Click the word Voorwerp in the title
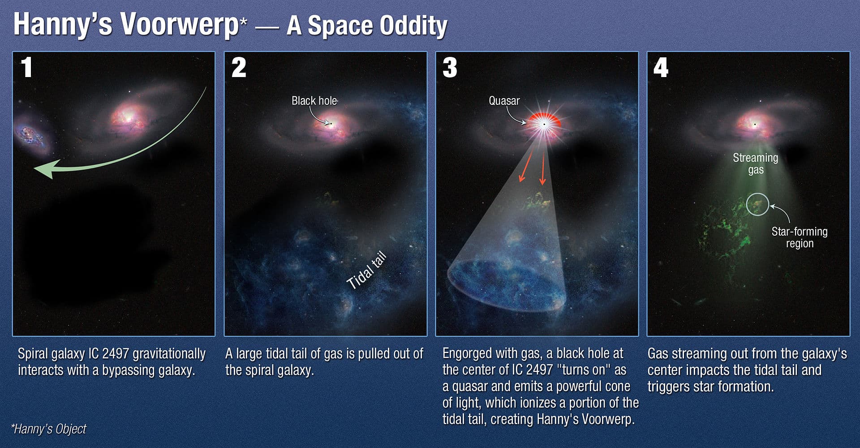tap(181, 25)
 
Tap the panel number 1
tap(26, 68)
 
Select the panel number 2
tap(239, 68)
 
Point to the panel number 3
tap(450, 68)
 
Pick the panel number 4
tap(661, 68)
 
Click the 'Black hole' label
tap(314, 101)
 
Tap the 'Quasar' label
tap(504, 101)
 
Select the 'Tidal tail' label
tap(367, 271)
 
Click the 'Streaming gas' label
tap(756, 164)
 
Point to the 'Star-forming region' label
tap(800, 237)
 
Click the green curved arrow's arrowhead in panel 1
tap(45, 169)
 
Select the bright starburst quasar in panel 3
tap(544, 124)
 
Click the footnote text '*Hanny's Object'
tap(48, 429)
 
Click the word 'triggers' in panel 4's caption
tap(669, 387)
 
